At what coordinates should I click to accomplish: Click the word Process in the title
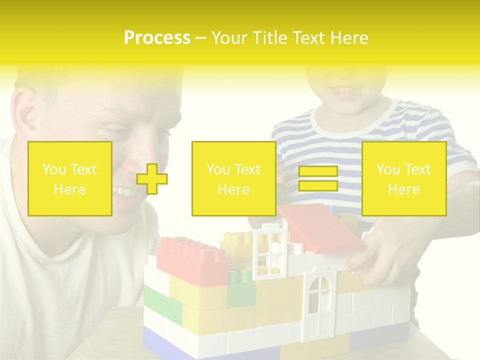pos(157,38)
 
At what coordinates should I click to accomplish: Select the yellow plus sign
pos(152,179)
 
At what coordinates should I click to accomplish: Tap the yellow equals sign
pos(318,178)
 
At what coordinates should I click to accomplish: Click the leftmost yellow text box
pos(70,179)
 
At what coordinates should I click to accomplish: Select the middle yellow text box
pos(234,179)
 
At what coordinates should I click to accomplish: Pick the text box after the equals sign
pos(404,179)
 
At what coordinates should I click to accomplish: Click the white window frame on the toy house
pos(270,250)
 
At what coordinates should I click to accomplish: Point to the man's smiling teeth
pos(124,191)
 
